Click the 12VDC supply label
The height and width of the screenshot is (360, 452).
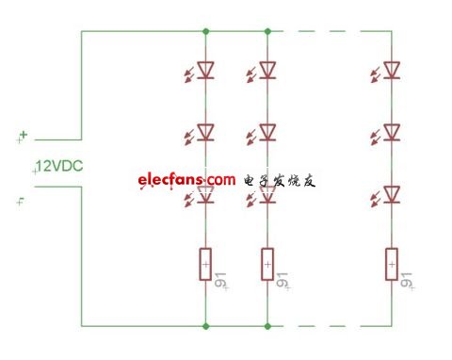59,166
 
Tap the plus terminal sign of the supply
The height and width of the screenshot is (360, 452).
24,135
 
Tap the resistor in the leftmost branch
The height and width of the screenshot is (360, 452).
205,264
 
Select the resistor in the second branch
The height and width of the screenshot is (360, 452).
267,264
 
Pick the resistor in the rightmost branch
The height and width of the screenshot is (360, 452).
392,264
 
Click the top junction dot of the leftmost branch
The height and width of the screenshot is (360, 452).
205,31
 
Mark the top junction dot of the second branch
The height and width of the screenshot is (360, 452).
267,31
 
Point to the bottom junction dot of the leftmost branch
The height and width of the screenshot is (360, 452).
205,326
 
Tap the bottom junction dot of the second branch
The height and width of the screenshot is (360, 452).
267,326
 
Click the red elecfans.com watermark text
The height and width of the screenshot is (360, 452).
186,180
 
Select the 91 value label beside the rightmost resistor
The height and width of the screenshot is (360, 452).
406,280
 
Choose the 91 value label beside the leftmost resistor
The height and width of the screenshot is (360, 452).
220,280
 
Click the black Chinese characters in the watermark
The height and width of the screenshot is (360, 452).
280,181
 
